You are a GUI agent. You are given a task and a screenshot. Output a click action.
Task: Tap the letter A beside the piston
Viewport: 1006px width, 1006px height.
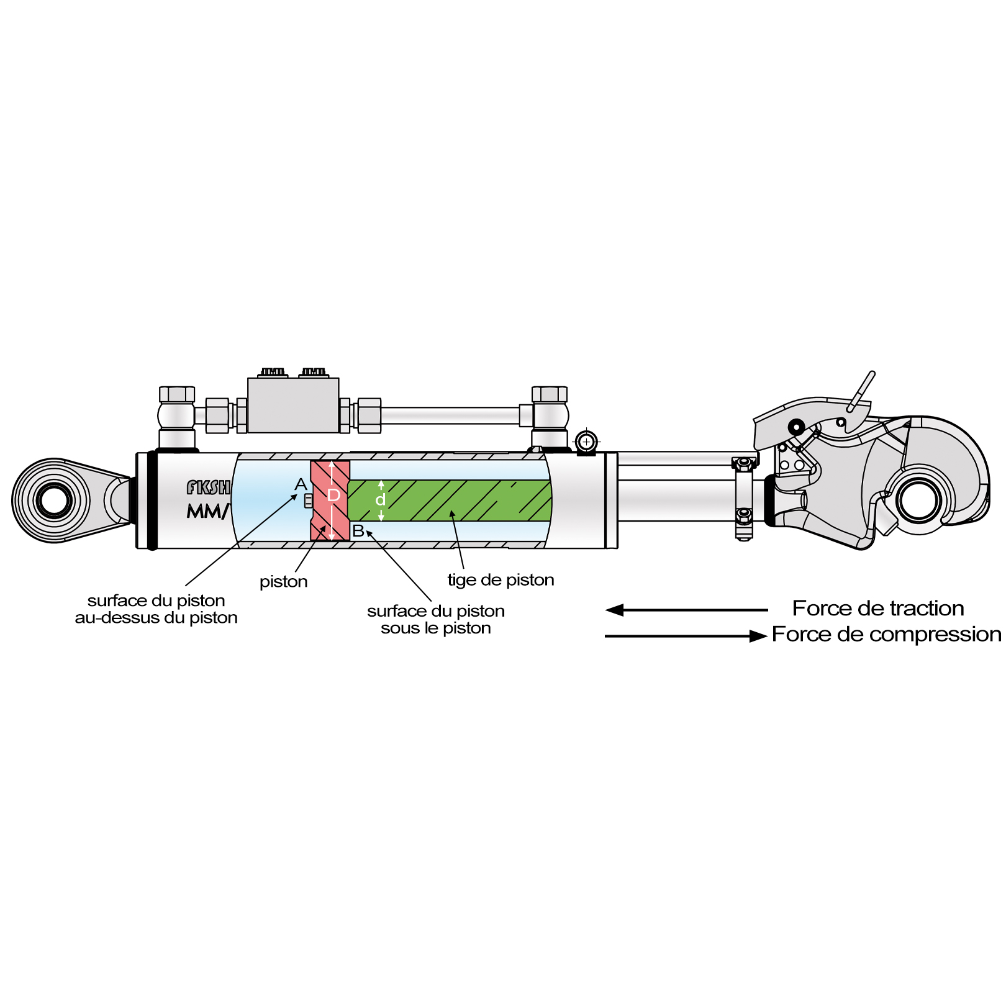pos(301,484)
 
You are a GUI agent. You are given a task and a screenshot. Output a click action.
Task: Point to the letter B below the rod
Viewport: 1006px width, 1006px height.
pos(358,531)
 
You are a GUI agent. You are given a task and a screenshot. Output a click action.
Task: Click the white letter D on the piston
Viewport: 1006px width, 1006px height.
pos(333,496)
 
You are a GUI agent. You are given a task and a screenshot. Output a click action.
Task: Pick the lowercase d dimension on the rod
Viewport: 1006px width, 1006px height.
pos(381,499)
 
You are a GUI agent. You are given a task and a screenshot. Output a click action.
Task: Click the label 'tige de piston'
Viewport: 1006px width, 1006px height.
pos(501,580)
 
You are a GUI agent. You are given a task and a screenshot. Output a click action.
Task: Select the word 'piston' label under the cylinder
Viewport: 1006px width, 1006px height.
pos(284,582)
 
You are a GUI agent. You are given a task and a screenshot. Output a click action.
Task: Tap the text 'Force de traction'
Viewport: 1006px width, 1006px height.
pos(878,609)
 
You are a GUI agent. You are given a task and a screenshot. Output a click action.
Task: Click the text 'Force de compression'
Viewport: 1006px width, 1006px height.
pos(886,635)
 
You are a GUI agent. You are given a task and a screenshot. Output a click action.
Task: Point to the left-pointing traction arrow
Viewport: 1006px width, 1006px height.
pos(686,610)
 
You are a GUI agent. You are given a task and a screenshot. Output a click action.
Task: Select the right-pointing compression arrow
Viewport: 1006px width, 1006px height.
pos(686,636)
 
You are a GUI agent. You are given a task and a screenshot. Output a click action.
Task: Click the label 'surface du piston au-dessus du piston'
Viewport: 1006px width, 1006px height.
pos(156,609)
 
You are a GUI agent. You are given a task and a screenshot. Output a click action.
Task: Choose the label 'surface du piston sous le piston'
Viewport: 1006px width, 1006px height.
pos(436,620)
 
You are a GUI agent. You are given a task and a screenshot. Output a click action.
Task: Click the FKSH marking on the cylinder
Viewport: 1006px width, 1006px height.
pos(208,487)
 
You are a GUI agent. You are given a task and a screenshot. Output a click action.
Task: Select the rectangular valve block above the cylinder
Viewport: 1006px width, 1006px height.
pos(293,406)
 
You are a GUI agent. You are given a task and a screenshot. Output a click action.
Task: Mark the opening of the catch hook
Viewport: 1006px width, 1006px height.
pos(919,501)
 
